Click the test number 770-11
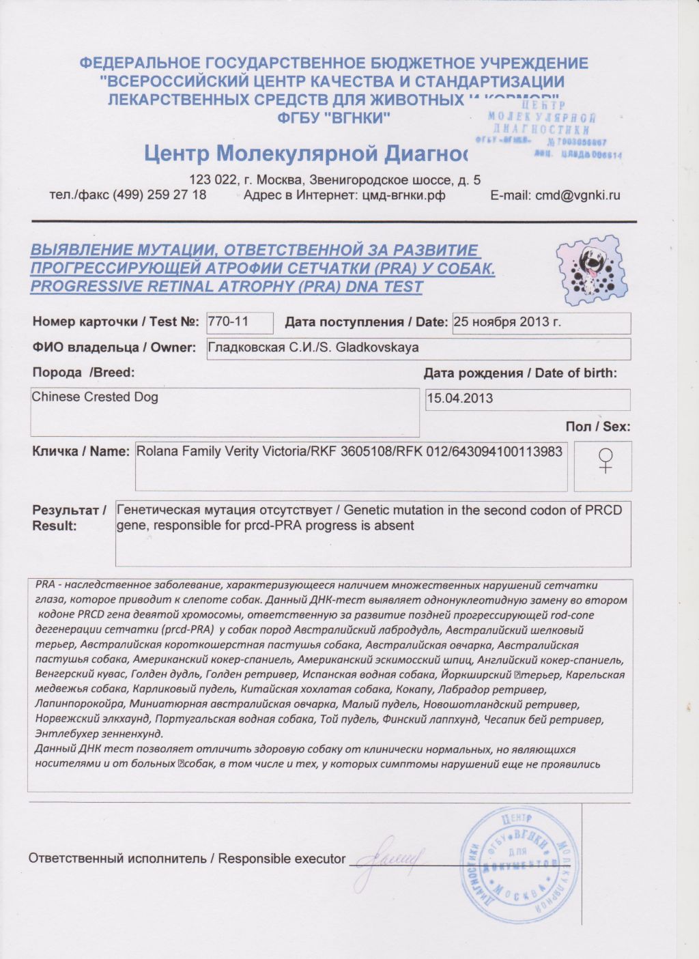coord(229,321)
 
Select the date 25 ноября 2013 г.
coord(507,322)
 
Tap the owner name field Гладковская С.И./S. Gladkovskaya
coord(313,347)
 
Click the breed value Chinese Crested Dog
coord(95,397)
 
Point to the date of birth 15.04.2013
coord(459,399)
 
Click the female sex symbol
coord(604,462)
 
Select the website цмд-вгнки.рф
coord(403,195)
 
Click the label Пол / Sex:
coord(597,427)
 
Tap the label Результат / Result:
coord(69,518)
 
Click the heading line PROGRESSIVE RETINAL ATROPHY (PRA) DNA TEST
coord(227,287)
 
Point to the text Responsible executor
coord(282,859)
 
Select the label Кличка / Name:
coord(81,452)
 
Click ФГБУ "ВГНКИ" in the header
coord(334,117)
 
